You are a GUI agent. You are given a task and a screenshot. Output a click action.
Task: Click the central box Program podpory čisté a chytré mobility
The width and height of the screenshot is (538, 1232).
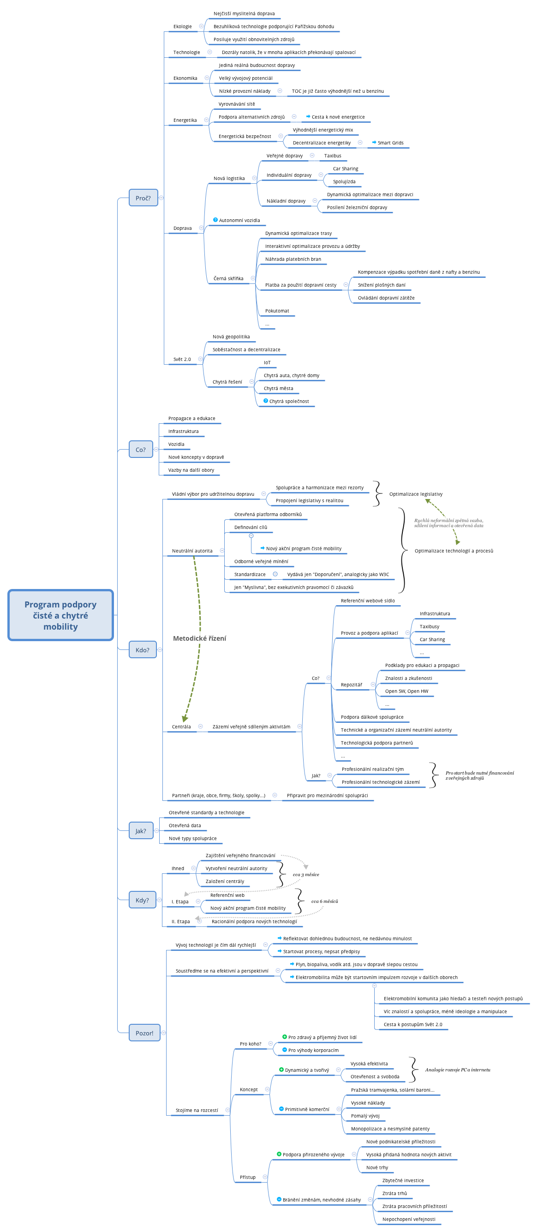tap(60, 614)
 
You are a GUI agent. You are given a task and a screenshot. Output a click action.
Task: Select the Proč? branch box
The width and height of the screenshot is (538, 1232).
tap(143, 198)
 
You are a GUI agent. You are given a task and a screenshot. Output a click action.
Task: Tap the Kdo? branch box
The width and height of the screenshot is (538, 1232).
tap(142, 649)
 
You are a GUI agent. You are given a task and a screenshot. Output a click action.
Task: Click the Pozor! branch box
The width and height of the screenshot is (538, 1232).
tap(144, 1032)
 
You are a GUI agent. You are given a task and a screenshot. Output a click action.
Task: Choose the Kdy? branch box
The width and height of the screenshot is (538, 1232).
tap(142, 899)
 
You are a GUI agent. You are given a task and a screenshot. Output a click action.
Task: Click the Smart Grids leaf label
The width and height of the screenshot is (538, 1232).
tap(390, 143)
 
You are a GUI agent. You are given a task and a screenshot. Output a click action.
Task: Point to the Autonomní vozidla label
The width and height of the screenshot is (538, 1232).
tap(239, 220)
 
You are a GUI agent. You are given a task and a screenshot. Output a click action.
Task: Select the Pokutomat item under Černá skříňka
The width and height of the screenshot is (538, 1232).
tap(277, 310)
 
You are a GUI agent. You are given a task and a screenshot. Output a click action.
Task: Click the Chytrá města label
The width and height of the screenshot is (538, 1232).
tap(278, 388)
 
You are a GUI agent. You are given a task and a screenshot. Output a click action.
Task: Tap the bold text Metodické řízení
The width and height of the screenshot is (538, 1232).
tap(199, 638)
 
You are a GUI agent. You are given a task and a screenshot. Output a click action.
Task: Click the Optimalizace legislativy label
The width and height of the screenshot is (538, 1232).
tap(416, 493)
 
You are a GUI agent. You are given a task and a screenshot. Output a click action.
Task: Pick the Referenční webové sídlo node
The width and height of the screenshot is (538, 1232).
tap(367, 600)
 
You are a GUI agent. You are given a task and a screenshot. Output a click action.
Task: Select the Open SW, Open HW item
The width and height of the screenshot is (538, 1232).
tap(406, 691)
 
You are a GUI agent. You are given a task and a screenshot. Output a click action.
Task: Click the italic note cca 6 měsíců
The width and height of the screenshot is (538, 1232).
tap(324, 901)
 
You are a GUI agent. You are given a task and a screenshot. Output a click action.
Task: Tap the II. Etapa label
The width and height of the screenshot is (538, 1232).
tap(180, 920)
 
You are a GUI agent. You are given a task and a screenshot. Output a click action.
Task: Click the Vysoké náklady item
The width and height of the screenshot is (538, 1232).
tap(367, 1102)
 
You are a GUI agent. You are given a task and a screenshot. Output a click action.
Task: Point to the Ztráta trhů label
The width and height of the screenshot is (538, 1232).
tap(394, 1193)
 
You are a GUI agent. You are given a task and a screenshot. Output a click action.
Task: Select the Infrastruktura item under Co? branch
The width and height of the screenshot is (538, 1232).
tap(183, 431)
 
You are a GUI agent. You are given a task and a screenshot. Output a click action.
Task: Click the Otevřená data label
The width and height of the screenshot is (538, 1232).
tap(185, 825)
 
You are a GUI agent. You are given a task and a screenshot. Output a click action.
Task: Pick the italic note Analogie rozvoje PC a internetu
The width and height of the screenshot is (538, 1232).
tap(457, 1070)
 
